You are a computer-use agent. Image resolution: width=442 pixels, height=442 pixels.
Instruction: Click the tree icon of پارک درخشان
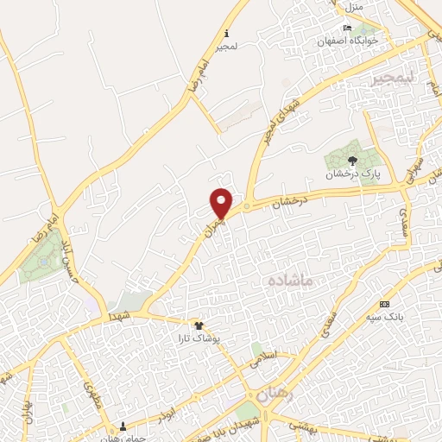click(x=351, y=161)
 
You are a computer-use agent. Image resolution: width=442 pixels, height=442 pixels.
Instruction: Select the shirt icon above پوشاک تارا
click(x=200, y=325)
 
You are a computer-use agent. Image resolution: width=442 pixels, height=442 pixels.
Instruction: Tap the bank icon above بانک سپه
click(x=384, y=304)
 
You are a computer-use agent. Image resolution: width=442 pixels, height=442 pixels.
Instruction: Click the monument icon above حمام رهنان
click(x=123, y=426)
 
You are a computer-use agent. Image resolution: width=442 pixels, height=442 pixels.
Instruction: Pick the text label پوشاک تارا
click(x=201, y=338)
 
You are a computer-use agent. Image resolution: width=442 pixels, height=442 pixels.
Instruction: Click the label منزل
click(x=352, y=7)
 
